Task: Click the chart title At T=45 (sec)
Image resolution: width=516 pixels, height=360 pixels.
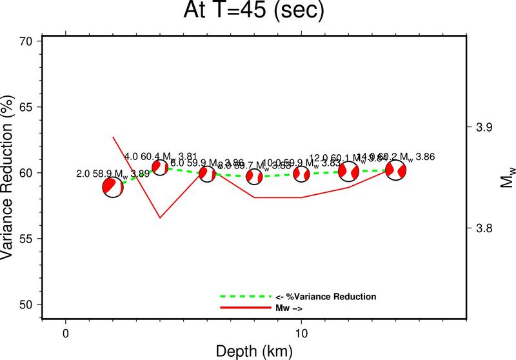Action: pos(257,13)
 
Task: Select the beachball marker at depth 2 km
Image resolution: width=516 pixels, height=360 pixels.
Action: pos(113,187)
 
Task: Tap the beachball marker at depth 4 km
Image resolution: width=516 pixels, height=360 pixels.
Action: pos(160,167)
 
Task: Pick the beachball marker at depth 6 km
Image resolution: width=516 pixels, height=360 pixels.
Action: pos(206,173)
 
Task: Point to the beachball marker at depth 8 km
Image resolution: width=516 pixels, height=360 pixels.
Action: pos(254,175)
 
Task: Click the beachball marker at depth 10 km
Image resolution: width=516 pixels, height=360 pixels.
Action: pos(301,174)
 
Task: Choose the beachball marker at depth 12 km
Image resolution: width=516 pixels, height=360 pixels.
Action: pos(348,172)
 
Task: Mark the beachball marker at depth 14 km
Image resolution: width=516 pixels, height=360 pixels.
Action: pos(396,170)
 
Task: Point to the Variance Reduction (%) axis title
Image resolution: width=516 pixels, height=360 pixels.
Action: pos(9,172)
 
